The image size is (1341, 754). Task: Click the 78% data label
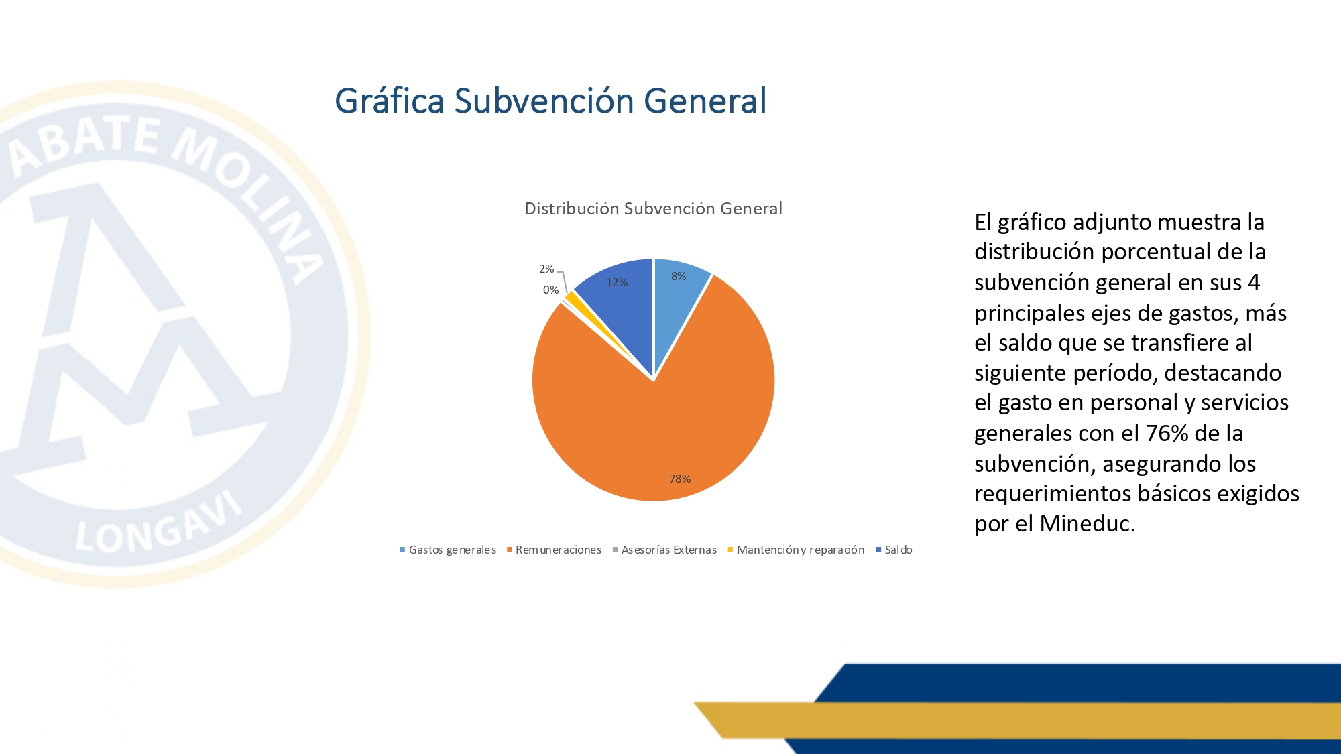tap(680, 479)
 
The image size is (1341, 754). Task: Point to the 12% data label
tap(617, 283)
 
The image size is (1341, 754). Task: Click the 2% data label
tap(546, 269)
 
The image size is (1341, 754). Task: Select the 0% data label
tap(550, 290)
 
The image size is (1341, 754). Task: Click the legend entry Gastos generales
tap(448, 550)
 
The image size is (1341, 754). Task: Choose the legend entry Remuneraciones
tap(554, 550)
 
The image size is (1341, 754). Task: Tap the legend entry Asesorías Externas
tap(664, 550)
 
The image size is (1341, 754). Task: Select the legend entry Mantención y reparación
tap(796, 550)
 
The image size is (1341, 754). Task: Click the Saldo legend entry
tap(894, 550)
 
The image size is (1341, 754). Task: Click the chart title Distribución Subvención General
tap(653, 209)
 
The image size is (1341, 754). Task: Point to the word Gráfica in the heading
tap(390, 102)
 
